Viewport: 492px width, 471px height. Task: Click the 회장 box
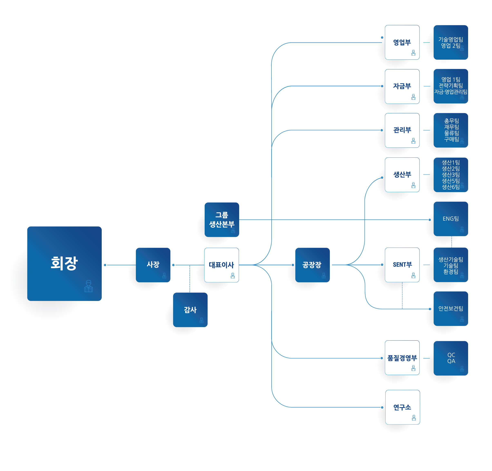[x=64, y=264]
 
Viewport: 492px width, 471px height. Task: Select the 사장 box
[x=153, y=265]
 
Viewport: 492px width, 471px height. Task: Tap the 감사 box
[x=190, y=310]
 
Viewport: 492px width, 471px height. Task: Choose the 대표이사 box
[x=221, y=265]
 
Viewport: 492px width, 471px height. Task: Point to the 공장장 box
[x=312, y=265]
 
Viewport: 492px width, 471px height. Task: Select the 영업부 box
[x=402, y=42]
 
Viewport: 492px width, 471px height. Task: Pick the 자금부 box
[x=402, y=86]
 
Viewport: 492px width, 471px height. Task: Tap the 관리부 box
[x=402, y=130]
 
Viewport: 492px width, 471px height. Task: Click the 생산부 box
[x=402, y=175]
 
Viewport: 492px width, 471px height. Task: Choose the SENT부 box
[x=402, y=265]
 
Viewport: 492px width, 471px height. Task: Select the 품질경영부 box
[x=402, y=357]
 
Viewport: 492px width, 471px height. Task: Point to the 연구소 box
[x=403, y=407]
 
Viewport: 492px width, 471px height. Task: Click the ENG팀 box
[x=451, y=219]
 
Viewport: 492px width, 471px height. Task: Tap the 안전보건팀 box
[x=451, y=309]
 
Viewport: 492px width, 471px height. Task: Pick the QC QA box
[x=451, y=358]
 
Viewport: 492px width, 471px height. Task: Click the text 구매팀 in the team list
[x=451, y=139]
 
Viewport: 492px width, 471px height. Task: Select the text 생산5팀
[x=451, y=181]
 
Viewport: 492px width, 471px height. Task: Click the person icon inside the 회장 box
[x=88, y=286]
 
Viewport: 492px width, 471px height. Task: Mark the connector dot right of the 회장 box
[x=105, y=265]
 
